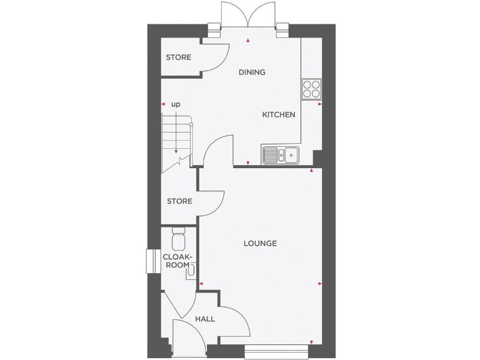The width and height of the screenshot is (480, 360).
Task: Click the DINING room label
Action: click(x=252, y=72)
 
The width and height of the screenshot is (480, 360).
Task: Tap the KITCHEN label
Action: click(x=278, y=114)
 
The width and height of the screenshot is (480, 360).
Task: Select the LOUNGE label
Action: click(x=260, y=243)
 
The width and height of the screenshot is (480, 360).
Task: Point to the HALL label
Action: click(x=205, y=319)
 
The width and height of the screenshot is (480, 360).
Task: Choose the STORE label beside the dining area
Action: click(x=178, y=57)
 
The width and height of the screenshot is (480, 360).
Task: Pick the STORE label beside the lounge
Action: click(x=179, y=201)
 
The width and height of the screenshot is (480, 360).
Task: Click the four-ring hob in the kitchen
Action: click(x=311, y=89)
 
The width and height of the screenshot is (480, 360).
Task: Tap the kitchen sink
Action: click(x=281, y=154)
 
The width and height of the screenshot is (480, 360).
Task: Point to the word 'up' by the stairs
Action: click(x=176, y=104)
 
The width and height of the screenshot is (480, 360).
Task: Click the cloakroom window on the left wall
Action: click(x=151, y=261)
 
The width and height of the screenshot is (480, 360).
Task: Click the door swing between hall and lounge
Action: click(x=235, y=322)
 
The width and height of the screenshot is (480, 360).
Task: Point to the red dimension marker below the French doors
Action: click(x=249, y=41)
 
